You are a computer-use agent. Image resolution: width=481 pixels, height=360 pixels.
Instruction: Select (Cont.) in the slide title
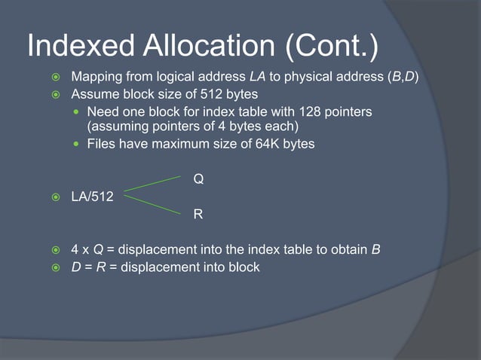pos(331,47)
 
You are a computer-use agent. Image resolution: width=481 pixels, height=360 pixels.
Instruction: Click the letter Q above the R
pos(198,179)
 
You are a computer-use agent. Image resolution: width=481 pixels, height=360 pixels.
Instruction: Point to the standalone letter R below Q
pos(198,215)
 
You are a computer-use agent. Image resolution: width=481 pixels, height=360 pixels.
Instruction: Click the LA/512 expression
pos(92,197)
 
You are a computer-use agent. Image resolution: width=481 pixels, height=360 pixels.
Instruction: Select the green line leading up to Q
pos(152,183)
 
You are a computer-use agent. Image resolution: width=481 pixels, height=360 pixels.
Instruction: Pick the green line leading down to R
pos(152,204)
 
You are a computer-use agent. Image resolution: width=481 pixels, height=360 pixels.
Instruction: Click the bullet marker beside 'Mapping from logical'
pos(54,78)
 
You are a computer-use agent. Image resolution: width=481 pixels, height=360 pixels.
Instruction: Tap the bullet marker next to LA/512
pos(54,197)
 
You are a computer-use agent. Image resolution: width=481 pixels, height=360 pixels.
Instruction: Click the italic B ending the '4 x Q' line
pos(375,249)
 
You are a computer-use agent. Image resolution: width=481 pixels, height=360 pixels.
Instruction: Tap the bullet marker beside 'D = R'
pos(54,267)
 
